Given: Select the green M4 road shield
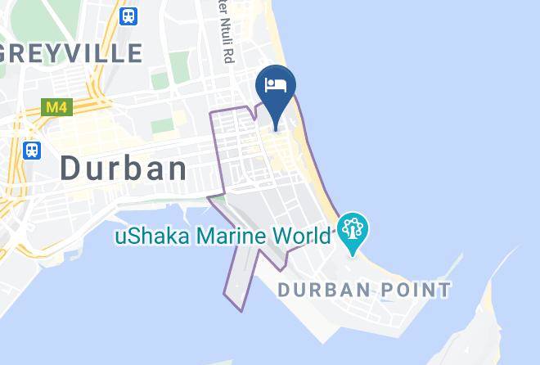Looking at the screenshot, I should click(x=53, y=107).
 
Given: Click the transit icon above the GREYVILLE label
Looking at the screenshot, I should click(x=128, y=16).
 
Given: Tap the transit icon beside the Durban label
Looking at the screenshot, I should click(x=32, y=150).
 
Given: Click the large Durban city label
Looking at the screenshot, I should click(x=124, y=169).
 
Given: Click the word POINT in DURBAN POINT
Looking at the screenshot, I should click(x=414, y=289).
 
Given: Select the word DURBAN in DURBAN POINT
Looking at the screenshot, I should click(x=322, y=289).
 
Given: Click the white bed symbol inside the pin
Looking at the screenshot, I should click(x=275, y=85).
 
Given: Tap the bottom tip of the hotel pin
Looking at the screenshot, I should click(x=275, y=129).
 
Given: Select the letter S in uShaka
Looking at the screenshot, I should click(x=134, y=237).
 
